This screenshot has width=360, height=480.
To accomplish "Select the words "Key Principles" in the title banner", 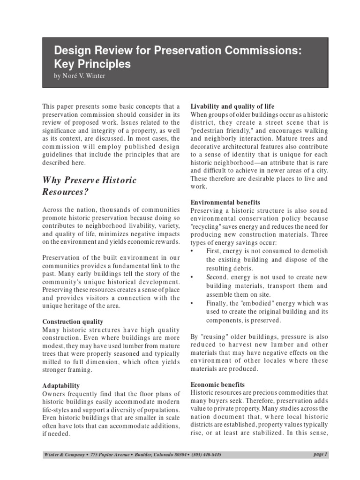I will click(x=92, y=64).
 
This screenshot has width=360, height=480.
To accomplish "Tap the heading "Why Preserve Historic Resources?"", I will click(x=89, y=186).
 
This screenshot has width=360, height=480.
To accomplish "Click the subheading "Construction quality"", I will click(x=73, y=322).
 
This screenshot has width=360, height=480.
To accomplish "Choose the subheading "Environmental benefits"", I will click(x=225, y=202).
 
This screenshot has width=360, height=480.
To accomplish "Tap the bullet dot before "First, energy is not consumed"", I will click(x=192, y=251).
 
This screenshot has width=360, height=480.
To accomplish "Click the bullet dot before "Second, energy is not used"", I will click(x=192, y=277).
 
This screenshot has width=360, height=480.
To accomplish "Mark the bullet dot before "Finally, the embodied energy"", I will click(x=192, y=303).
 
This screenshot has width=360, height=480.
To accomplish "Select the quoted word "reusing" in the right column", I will click(x=214, y=337).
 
